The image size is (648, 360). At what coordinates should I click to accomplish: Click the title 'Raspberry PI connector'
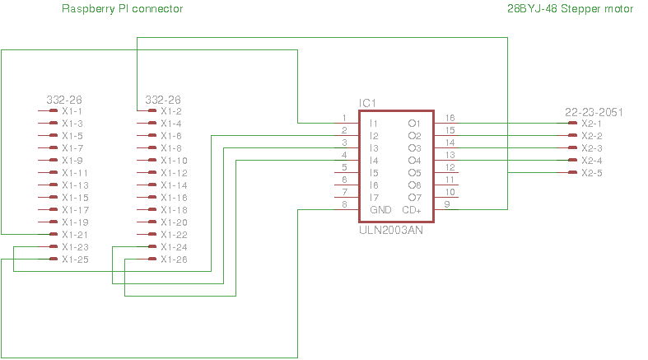123,9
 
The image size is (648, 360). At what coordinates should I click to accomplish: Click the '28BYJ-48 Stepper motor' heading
571,9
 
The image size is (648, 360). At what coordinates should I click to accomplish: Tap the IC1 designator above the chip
367,103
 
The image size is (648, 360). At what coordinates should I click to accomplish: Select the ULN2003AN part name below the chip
391,231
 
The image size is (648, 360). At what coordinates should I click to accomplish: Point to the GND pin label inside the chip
380,210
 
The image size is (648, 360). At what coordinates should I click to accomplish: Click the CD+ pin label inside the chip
412,210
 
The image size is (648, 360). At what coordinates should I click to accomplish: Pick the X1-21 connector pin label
75,235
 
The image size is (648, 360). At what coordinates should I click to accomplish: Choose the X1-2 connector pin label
171,111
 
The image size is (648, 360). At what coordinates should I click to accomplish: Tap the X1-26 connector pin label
174,259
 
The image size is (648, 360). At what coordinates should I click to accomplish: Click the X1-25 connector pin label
75,259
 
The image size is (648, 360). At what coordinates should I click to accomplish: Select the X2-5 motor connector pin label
591,173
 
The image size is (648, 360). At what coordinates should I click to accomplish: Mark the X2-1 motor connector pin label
591,124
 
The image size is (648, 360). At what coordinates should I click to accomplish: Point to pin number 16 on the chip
450,118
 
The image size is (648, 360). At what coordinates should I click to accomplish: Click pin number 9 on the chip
447,204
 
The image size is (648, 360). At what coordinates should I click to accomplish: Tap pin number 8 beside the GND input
344,204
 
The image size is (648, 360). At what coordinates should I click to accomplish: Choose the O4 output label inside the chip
414,161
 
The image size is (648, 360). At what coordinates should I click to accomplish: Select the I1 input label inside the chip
373,124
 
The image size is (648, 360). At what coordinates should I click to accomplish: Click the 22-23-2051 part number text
594,111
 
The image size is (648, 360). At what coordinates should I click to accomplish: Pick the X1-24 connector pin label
174,247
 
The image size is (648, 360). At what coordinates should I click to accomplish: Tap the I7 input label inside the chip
374,198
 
